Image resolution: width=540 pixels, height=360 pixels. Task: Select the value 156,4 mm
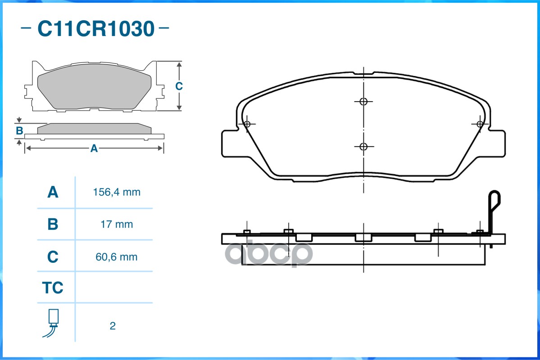coord(117,193)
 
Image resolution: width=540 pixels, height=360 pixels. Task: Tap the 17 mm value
coord(117,224)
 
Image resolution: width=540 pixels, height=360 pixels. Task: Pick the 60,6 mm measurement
coord(117,257)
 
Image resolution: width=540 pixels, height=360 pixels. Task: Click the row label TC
coord(53,288)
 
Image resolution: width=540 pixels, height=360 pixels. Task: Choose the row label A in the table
coord(53,193)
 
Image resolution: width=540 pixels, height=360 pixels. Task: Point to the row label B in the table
coord(53,224)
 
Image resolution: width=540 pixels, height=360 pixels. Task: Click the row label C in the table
coord(53,257)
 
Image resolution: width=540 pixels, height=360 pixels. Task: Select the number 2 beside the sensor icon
coord(113,326)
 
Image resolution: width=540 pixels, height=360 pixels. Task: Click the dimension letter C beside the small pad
coord(179,86)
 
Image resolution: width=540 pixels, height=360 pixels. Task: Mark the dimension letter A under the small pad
coord(94,148)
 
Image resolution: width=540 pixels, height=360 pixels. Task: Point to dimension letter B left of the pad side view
coord(19,131)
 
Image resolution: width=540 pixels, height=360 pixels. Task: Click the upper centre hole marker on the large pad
coord(364,101)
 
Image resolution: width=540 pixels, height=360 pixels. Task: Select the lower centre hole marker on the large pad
coord(364,146)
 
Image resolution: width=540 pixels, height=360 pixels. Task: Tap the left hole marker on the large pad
coord(246,124)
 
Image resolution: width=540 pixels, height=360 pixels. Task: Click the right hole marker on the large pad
coord(480,124)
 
